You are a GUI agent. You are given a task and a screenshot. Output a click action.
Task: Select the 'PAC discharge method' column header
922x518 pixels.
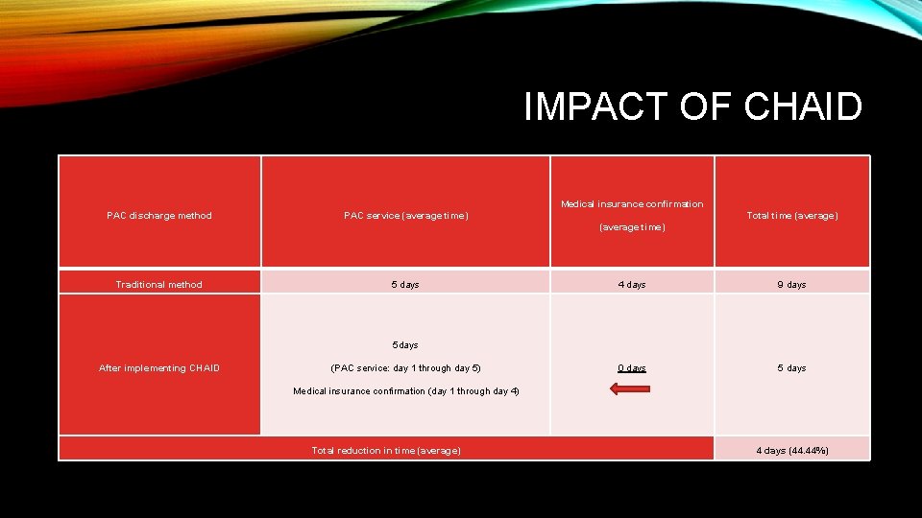(159, 216)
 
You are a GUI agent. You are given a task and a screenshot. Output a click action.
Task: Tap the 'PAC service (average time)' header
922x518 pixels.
(406, 216)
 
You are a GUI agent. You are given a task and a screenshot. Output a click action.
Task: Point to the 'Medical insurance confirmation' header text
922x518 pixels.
(632, 204)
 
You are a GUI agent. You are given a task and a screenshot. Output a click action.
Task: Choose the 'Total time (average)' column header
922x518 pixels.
(792, 216)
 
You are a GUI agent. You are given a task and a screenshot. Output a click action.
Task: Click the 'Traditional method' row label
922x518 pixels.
(159, 285)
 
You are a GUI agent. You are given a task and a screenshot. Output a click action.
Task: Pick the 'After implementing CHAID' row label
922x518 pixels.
(159, 368)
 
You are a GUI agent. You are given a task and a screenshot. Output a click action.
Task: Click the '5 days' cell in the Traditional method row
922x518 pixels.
(405, 285)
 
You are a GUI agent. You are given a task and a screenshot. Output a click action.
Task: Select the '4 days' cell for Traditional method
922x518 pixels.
(632, 285)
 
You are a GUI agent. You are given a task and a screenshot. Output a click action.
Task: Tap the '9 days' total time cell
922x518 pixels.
(792, 285)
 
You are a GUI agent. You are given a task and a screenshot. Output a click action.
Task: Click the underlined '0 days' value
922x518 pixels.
(632, 368)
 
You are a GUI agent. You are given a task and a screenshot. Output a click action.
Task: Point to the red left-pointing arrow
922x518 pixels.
(630, 388)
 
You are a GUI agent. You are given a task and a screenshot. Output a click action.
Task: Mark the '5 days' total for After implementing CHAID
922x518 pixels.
(792, 368)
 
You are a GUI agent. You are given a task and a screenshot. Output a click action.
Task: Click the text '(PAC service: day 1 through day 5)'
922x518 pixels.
(405, 368)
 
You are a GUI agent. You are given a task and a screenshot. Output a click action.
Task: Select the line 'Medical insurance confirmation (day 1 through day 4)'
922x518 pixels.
(405, 391)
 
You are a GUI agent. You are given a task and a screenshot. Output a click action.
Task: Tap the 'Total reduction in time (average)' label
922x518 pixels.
(386, 451)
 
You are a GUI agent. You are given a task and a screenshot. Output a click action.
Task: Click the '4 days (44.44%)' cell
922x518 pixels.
(792, 451)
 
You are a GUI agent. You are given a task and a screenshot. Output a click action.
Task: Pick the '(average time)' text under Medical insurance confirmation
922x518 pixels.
(632, 227)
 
